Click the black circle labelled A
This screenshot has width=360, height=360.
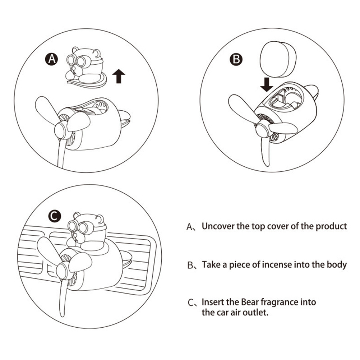point(51,59)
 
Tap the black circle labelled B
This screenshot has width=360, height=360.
point(236,60)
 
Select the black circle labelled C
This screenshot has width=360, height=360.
point(55,216)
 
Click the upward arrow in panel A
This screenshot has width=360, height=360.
point(119,76)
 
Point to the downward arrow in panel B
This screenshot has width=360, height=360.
point(267,84)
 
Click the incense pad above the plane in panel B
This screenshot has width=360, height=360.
point(278,60)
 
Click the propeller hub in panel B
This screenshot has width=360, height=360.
point(262,130)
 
